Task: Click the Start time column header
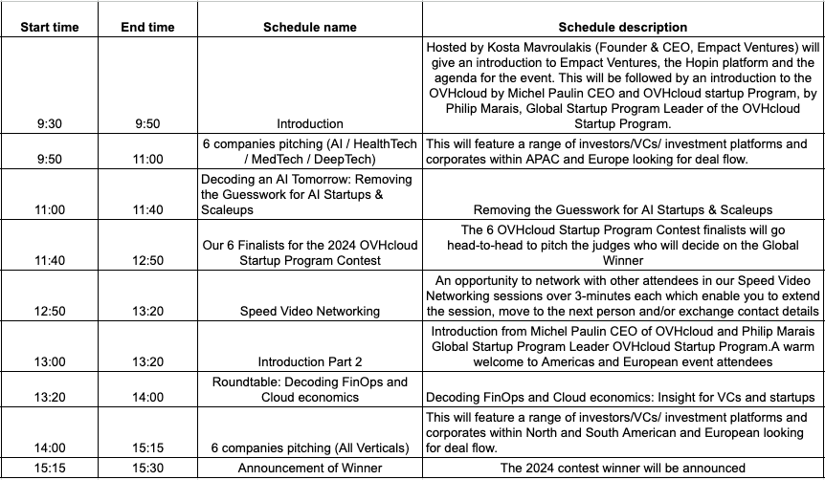pos(50,27)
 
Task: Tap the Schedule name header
pos(309,27)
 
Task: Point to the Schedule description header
pos(623,27)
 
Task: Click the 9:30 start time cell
pos(50,123)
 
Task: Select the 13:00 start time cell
pos(50,361)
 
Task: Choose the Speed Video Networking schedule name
pos(309,311)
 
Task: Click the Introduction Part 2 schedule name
pos(309,361)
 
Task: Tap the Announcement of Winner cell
pos(309,468)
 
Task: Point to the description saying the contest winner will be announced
pos(623,468)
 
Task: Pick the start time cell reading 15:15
pos(50,468)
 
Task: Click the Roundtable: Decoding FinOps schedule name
pos(309,388)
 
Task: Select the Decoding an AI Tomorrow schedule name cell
pos(309,194)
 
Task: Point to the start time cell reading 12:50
pos(50,311)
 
